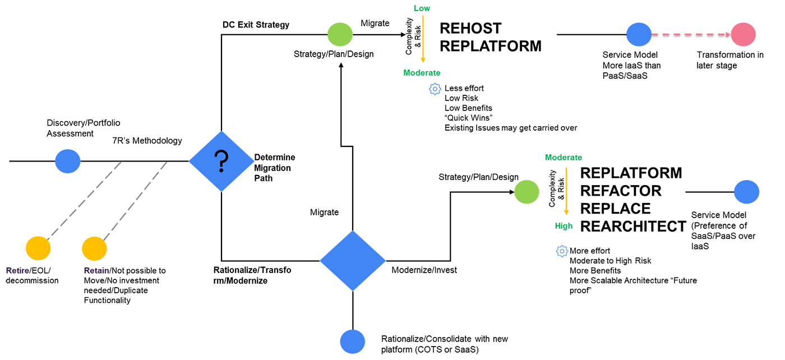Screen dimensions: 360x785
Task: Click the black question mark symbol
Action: tap(221, 160)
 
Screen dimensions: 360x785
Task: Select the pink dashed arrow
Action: tap(691, 35)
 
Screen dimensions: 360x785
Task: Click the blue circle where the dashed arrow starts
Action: tap(638, 36)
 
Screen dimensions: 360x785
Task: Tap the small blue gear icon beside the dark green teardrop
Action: tap(436, 88)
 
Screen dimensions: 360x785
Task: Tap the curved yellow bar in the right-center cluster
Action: tap(567, 191)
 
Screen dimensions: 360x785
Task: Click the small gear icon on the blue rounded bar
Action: tap(563, 250)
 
